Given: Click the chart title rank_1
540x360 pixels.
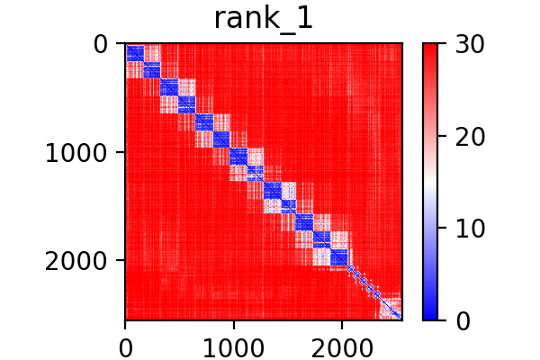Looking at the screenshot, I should [x=264, y=20].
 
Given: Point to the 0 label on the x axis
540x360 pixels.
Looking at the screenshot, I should [x=125, y=345].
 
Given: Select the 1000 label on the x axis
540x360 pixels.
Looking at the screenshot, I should [x=233, y=345].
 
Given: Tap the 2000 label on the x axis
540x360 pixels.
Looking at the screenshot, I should [x=342, y=345].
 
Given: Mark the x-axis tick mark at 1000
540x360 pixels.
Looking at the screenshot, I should [x=233, y=323].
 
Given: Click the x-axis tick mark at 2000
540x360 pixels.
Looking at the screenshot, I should [x=342, y=323].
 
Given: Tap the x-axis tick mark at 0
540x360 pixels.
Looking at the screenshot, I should [x=125, y=323].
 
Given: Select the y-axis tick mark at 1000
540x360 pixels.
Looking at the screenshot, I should [x=122, y=152].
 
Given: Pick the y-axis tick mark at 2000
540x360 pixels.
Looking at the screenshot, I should [x=122, y=260].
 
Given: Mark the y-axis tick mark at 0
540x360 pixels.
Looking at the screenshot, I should [x=122, y=43].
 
